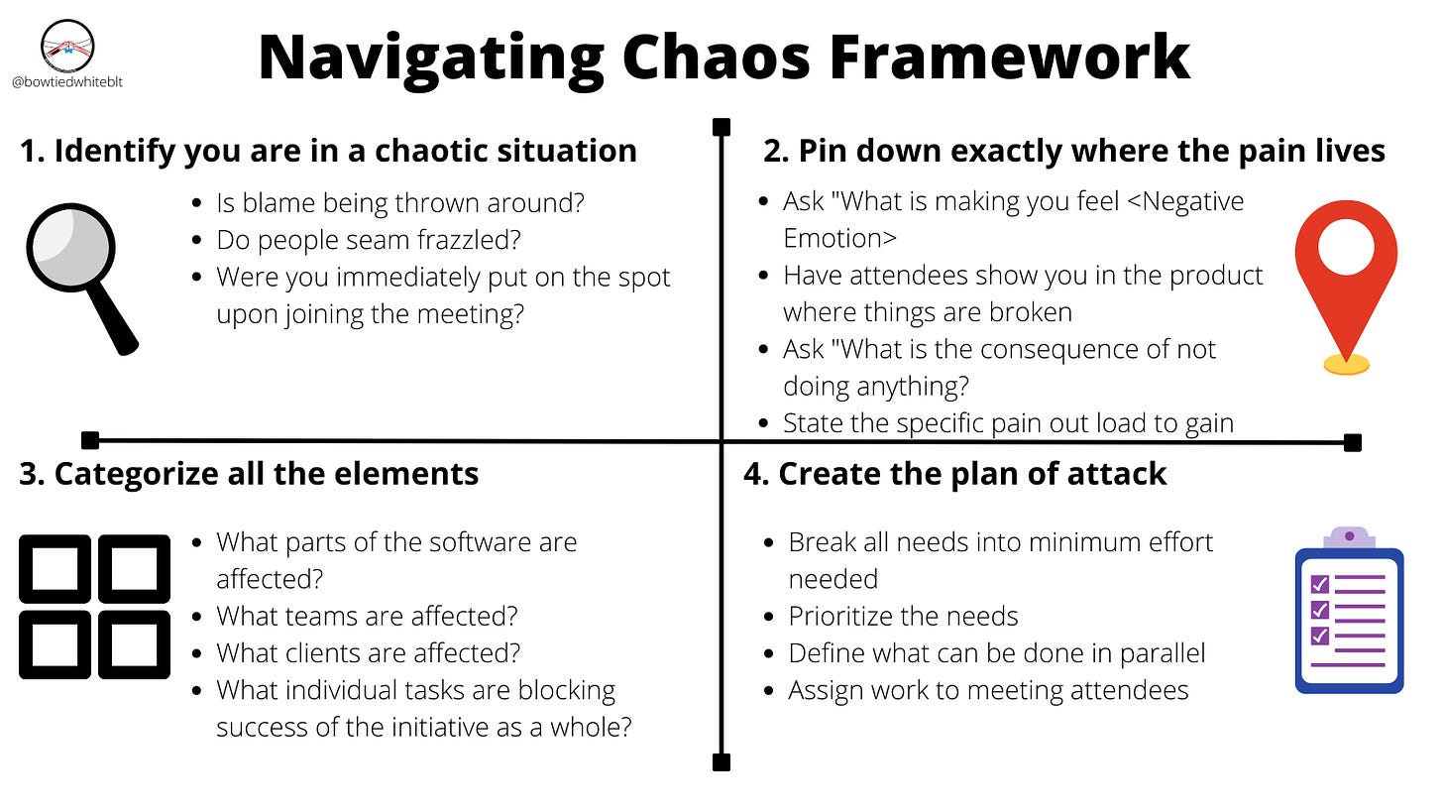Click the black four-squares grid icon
coord(94,606)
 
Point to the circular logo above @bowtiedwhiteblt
coord(66,45)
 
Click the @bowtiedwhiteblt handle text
coord(66,82)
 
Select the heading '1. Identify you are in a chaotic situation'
coord(328,151)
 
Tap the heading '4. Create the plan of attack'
coord(954,474)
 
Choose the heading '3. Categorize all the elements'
coord(249,474)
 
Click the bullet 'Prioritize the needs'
coord(903,617)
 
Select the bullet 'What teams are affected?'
coord(367,617)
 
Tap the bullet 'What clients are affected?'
coord(369,653)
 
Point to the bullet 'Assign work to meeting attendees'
coord(988,690)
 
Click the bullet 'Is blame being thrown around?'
coord(400,203)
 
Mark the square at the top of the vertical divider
coord(721,127)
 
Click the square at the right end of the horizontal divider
coord(1352,442)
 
